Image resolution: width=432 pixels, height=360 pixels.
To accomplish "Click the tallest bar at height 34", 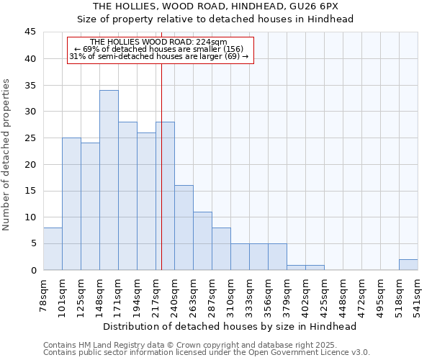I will [x=109, y=180].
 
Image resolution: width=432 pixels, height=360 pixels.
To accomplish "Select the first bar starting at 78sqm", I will [x=53, y=248].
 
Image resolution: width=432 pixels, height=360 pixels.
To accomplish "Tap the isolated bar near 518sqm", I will [x=408, y=264].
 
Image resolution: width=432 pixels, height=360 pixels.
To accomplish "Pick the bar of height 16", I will [x=184, y=228].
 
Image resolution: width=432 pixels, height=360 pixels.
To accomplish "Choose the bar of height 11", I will [x=202, y=240].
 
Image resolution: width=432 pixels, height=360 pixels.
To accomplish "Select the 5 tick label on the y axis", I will [x=32, y=243].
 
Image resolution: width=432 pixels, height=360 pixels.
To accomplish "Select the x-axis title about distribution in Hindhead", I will [x=230, y=326].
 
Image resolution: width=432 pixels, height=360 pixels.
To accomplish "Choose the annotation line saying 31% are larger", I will [x=159, y=56].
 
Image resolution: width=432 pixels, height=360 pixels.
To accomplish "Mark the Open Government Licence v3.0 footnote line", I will [x=207, y=353].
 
